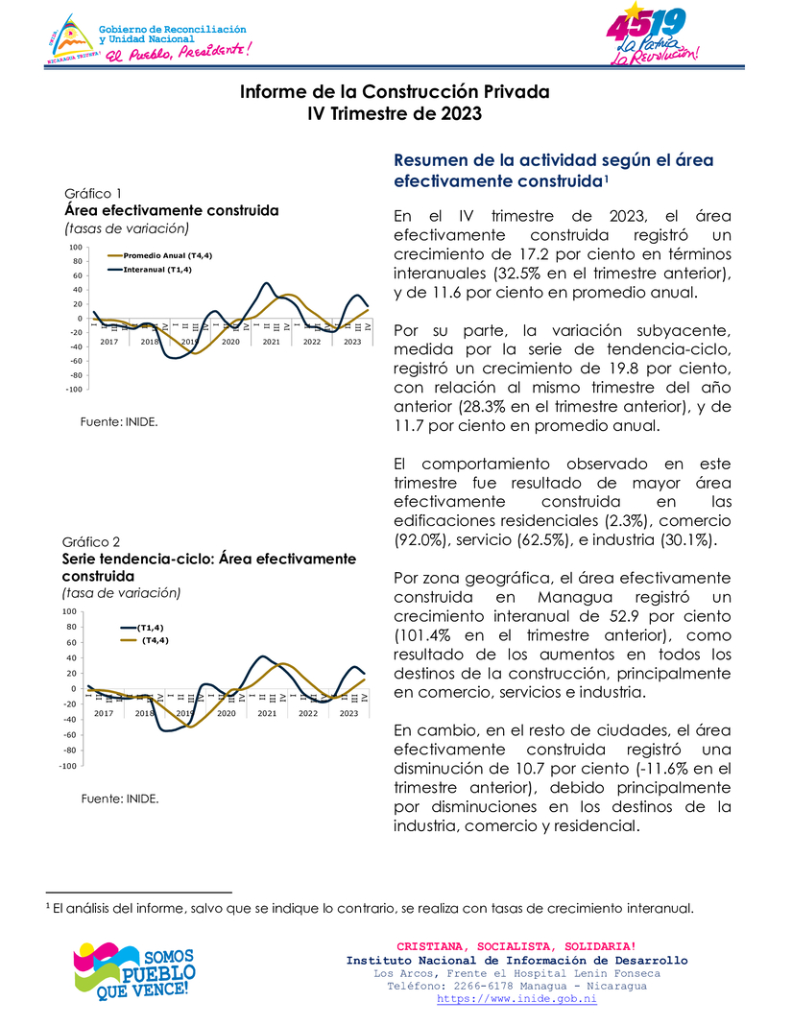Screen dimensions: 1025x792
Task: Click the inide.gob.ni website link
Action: (516, 999)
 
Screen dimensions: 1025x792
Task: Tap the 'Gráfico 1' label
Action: (92, 192)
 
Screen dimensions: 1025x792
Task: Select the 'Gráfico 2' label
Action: (91, 541)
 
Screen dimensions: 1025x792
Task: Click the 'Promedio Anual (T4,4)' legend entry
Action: (157, 256)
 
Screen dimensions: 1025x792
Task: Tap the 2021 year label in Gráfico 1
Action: (271, 342)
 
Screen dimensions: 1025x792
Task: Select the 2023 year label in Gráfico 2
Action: (351, 713)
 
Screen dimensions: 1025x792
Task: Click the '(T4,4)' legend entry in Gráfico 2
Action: (155, 640)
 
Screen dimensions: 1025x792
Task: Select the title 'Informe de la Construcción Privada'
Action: (395, 92)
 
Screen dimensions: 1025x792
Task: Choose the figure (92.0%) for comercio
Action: (424, 540)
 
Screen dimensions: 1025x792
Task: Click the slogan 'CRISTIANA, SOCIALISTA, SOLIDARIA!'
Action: (516, 947)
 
